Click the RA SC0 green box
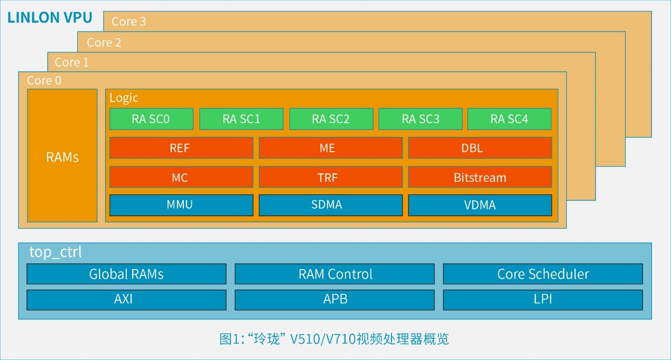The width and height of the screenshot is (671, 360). tap(151, 119)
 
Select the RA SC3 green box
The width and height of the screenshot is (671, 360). tap(421, 119)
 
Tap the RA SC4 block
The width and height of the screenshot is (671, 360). tap(509, 119)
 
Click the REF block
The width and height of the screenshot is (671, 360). tap(181, 148)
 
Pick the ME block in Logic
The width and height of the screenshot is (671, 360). tap(330, 148)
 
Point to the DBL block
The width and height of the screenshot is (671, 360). tap(480, 148)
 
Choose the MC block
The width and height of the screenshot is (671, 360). tap(181, 177)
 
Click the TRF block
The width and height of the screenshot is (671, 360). tap(330, 177)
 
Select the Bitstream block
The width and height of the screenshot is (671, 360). tap(480, 177)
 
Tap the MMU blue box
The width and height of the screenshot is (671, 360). tap(181, 205)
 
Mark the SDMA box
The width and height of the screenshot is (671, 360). tap(330, 205)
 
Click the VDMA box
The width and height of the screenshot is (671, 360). tap(480, 205)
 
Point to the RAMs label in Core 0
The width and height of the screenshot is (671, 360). tap(62, 157)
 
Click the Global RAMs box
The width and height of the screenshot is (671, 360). tap(126, 274)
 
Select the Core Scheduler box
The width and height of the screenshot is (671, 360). tap(543, 274)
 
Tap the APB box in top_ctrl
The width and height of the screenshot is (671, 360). tap(334, 299)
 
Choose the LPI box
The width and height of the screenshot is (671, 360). tap(543, 299)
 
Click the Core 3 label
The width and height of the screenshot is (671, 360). tap(128, 22)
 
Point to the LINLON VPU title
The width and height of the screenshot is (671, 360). tap(50, 17)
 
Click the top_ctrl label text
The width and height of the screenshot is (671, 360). tap(55, 252)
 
